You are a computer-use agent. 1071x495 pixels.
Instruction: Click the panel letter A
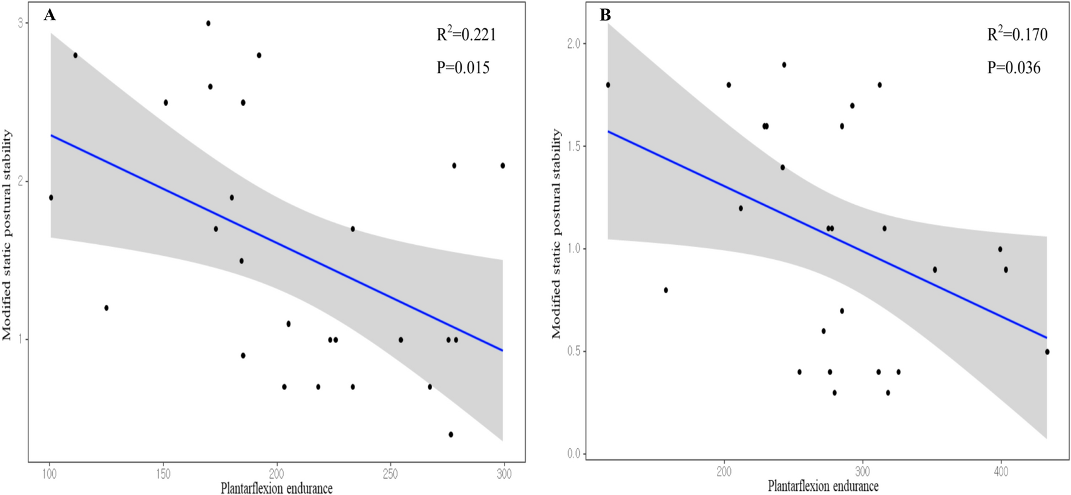coord(50,16)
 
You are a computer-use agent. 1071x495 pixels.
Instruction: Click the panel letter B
coord(605,16)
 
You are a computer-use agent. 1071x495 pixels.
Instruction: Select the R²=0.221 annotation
coord(466,35)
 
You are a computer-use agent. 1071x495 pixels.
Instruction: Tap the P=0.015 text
coord(463,67)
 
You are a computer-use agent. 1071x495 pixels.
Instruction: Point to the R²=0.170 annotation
coord(1017,35)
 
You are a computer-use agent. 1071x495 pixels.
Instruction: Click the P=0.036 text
coord(1014,67)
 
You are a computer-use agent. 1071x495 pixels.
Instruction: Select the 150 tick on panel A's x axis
coord(163,474)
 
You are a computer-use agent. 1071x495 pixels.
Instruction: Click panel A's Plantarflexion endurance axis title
coord(277,488)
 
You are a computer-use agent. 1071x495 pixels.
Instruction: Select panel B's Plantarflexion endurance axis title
coord(823,486)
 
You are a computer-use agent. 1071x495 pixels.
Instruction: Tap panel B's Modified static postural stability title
coord(556,234)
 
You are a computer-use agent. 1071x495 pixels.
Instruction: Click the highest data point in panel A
coord(208,23)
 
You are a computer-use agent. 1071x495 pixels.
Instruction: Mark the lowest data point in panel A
coord(451,434)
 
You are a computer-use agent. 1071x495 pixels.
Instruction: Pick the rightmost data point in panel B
coord(1047,351)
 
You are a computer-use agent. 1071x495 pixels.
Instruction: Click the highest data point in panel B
coord(784,64)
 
